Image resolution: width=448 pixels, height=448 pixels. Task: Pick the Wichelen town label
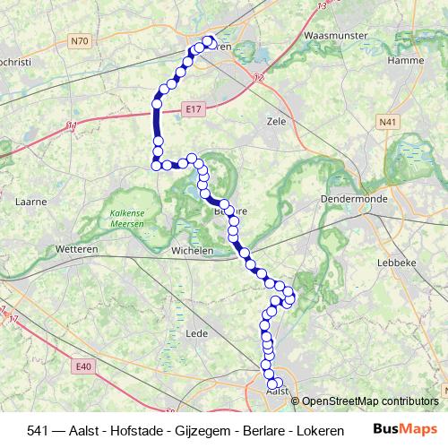pos(193,252)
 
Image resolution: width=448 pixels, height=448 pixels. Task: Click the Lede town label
pos(196,333)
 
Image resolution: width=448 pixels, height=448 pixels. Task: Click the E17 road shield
pos(190,108)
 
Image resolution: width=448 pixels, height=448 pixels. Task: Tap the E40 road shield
pos(84,366)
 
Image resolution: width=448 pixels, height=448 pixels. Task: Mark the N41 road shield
pos(387,122)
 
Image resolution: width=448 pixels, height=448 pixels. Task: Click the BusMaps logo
pos(404,429)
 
